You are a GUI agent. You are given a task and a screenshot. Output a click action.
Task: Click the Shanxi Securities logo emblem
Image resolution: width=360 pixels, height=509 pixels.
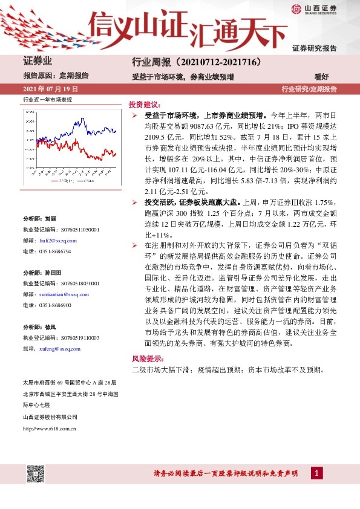click(296, 8)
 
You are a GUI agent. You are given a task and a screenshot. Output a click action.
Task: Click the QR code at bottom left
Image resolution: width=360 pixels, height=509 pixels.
click(34, 474)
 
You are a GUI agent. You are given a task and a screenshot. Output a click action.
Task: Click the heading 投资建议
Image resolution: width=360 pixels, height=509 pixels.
click(144, 104)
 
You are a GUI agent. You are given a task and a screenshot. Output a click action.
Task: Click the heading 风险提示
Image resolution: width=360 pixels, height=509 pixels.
click(144, 358)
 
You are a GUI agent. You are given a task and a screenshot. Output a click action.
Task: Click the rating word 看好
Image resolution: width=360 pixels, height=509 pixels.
click(321, 77)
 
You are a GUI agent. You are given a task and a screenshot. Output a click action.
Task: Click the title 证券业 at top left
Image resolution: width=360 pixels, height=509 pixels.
click(38, 61)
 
